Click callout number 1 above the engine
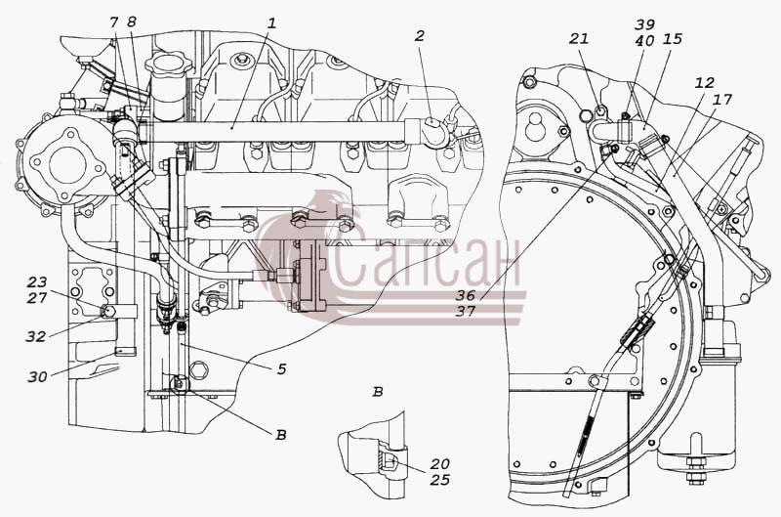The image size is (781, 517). [271, 22]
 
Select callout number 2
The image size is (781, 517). [420, 36]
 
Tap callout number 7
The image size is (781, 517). [114, 22]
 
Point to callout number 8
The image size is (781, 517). [132, 22]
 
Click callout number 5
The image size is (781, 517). [282, 368]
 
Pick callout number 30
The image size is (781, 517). [37, 377]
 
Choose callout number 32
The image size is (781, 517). [36, 336]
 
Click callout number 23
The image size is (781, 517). [37, 282]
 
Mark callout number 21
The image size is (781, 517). [579, 38]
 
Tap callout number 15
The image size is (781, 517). [673, 39]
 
